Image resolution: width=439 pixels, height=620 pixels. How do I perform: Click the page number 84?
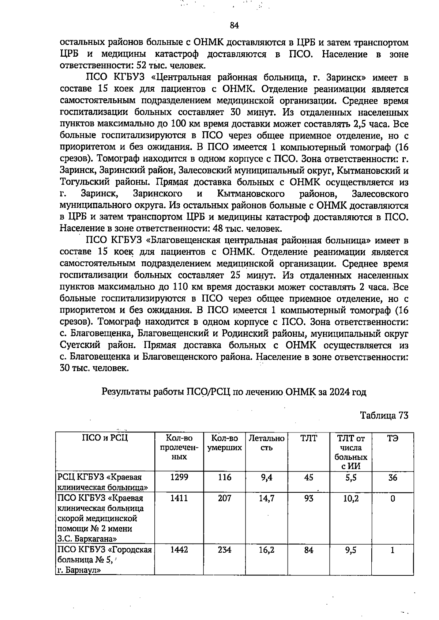click(234, 25)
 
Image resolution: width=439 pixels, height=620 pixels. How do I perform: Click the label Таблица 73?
click(384, 415)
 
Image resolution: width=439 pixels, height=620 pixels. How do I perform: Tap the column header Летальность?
click(266, 443)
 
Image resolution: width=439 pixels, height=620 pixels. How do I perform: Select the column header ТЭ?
click(393, 438)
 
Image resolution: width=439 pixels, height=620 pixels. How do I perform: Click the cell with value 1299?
click(179, 477)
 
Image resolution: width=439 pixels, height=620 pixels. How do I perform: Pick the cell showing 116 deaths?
click(225, 477)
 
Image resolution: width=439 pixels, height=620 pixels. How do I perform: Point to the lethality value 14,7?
click(266, 498)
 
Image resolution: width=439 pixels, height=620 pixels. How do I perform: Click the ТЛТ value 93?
click(309, 498)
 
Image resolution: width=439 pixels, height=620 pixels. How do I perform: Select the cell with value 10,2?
click(351, 498)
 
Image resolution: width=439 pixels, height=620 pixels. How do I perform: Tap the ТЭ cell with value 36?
click(393, 477)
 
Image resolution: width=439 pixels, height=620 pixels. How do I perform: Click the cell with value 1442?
click(179, 549)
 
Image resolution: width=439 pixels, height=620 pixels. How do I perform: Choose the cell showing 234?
click(225, 549)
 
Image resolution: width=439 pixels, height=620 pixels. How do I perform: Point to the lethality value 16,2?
click(266, 549)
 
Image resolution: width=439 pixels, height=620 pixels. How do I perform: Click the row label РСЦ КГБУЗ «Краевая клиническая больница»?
click(103, 482)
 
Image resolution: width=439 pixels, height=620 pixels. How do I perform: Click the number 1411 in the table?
click(179, 498)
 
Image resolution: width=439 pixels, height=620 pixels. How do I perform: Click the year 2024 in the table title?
click(339, 392)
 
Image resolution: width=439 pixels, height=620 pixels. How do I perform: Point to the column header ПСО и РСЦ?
click(105, 438)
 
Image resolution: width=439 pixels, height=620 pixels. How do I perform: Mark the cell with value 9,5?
click(351, 549)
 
